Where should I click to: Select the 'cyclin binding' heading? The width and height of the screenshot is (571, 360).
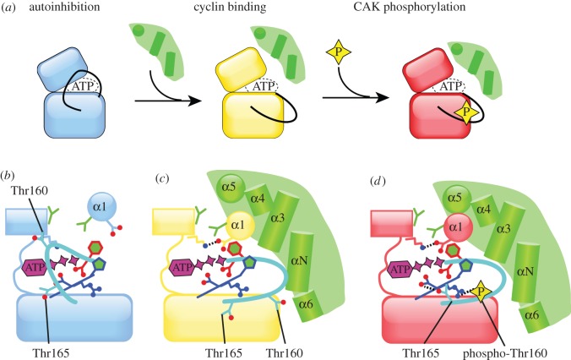(254, 11)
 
